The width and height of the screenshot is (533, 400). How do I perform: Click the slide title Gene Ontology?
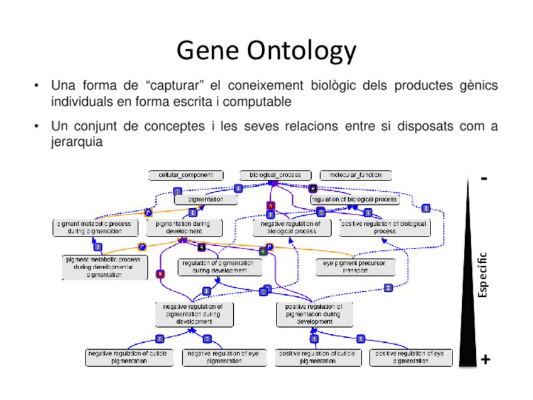point(266,50)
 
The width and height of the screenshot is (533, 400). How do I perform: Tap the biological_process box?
point(275,175)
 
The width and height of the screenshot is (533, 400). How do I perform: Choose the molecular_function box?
point(355,175)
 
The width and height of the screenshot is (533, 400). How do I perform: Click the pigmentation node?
point(206,199)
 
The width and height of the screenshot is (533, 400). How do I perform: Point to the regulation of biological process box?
point(354,199)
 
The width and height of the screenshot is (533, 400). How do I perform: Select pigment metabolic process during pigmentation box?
point(94,227)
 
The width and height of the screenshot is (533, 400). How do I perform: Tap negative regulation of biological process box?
point(290,227)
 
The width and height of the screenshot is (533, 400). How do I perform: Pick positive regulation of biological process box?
point(384,227)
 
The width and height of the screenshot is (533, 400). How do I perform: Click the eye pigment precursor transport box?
point(355,267)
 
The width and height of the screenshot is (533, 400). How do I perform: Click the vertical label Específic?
point(482,275)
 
